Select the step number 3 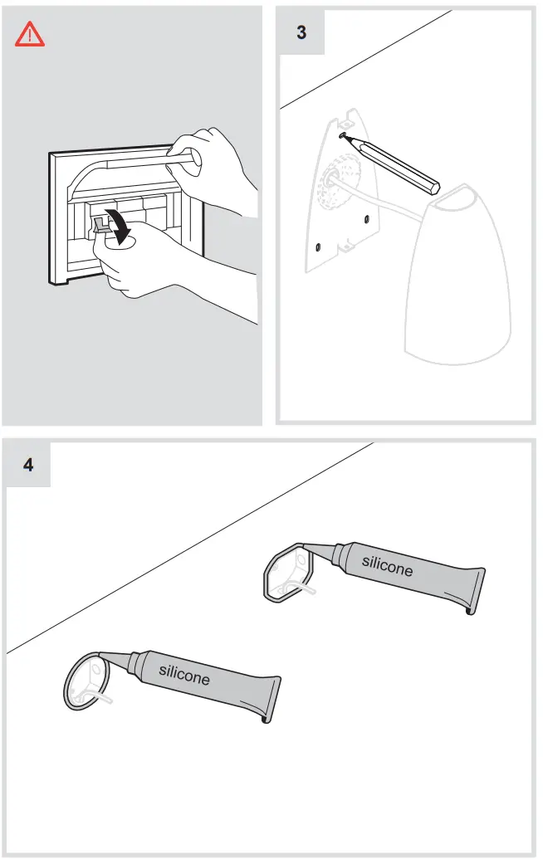(301, 32)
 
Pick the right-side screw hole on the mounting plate (366, 219)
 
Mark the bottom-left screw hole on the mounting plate (318, 246)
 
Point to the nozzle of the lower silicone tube (114, 656)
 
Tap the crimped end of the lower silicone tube (272, 697)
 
